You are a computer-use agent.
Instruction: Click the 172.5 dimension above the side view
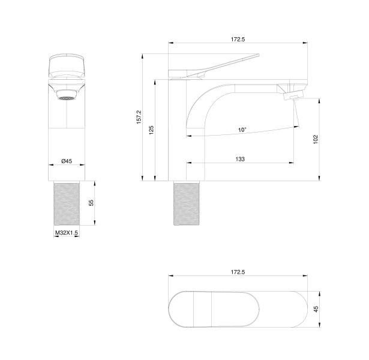click(238, 39)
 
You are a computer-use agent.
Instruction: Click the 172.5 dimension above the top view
click(238, 272)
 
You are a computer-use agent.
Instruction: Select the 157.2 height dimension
click(139, 117)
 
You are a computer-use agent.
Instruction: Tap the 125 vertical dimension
click(151, 130)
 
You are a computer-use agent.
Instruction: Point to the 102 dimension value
click(316, 139)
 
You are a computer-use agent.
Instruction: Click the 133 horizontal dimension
click(240, 159)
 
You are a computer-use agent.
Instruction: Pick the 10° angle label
click(242, 130)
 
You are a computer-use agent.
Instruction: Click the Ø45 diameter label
click(67, 161)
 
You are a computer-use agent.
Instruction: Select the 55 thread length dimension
click(91, 203)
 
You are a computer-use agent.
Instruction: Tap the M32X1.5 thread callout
click(67, 233)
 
